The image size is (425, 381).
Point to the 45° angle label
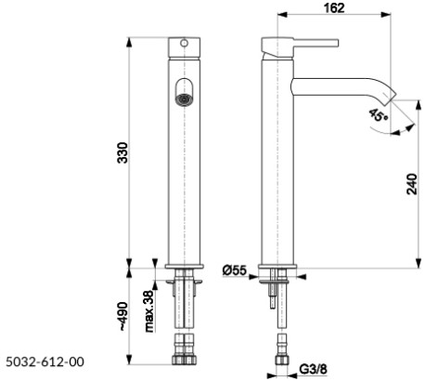376,115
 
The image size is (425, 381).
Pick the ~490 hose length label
120,317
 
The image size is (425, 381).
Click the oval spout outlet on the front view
184,92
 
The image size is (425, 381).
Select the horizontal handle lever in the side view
301,43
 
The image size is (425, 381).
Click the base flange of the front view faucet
184,266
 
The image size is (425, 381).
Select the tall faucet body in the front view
184,167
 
